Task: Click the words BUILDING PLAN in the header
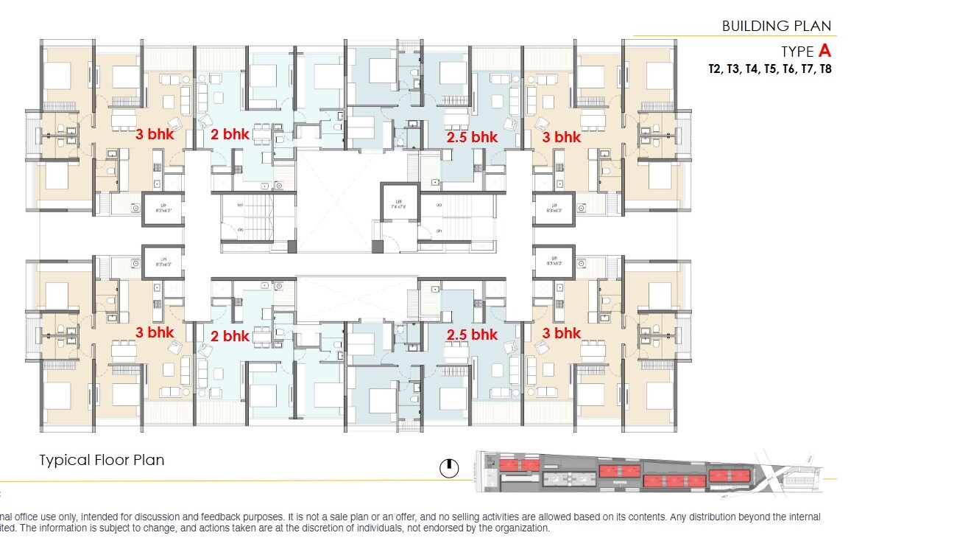[x=776, y=26]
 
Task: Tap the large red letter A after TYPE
[x=824, y=51]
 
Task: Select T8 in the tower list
[x=824, y=69]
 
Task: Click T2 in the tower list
[x=715, y=69]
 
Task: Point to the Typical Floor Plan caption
[x=102, y=461]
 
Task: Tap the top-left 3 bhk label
[x=155, y=135]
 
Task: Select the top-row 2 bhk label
[x=230, y=134]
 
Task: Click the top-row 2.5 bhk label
[x=473, y=137]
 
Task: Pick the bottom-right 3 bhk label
[x=562, y=333]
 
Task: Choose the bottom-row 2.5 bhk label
[x=473, y=335]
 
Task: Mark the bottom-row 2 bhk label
[x=230, y=336]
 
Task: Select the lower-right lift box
[x=554, y=262]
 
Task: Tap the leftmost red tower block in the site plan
[x=520, y=464]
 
